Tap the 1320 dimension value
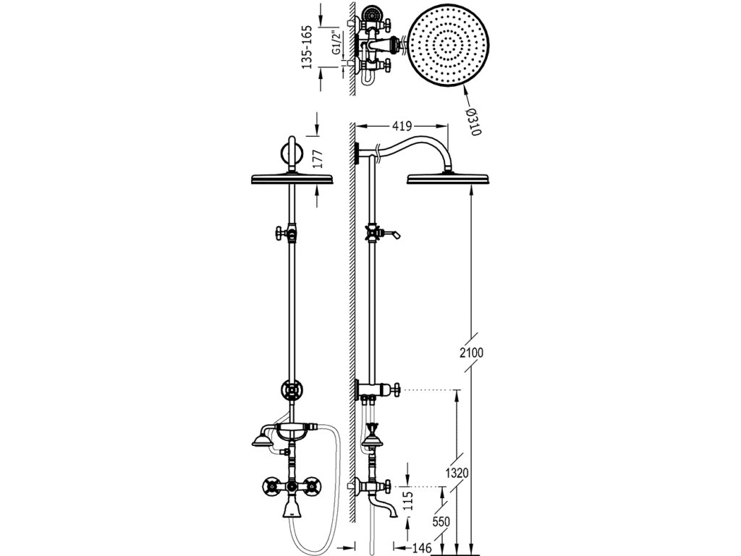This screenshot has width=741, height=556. (x=458, y=473)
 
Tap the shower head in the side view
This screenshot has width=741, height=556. (x=449, y=178)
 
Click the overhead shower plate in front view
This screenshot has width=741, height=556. (x=289, y=179)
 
